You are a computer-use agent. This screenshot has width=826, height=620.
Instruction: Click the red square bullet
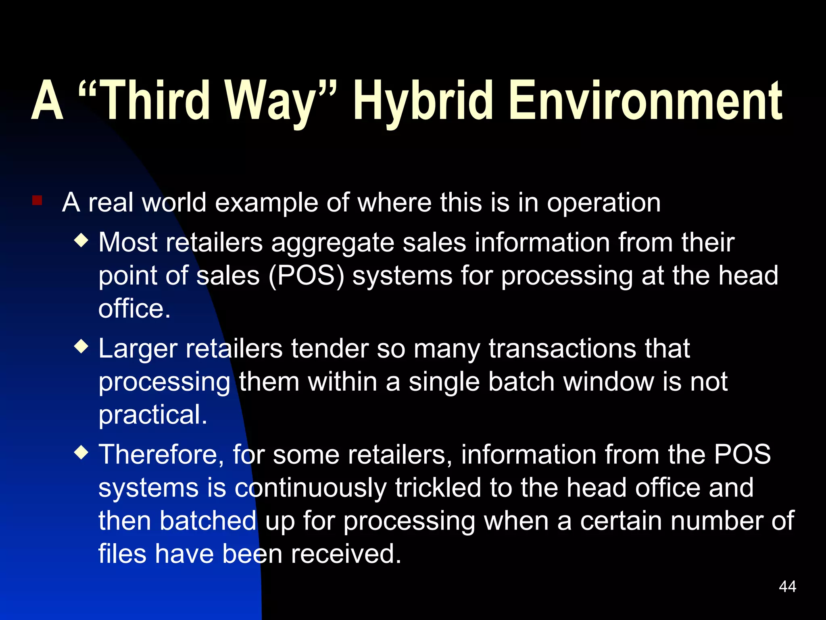coord(37,201)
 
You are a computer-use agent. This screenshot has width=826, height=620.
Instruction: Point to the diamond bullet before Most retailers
coord(81,241)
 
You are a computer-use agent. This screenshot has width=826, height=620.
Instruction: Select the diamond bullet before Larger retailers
coord(81,347)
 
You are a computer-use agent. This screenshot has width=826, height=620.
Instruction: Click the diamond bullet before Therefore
coord(81,452)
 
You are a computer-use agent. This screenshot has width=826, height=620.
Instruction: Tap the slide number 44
coord(787,586)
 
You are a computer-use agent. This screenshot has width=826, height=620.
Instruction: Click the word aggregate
coord(332,243)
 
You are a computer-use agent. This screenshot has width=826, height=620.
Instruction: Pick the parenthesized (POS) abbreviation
coord(307,276)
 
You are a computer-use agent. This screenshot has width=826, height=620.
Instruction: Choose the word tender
coord(330,349)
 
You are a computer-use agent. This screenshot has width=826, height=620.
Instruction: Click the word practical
coord(152,415)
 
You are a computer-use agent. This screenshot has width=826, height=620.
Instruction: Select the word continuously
coord(311,488)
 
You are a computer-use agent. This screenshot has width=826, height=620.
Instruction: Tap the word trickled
coord(438,488)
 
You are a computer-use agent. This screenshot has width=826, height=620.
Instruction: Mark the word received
coord(346,554)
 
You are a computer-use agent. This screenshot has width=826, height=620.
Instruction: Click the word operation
coord(603,203)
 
